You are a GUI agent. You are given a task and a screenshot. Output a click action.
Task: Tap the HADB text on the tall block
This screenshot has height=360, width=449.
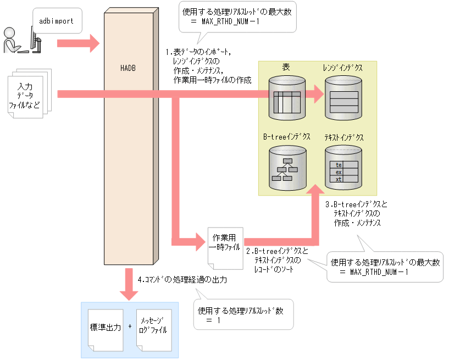[x=128, y=68]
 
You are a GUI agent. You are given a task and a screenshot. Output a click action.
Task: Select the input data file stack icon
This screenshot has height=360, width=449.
[x=30, y=91]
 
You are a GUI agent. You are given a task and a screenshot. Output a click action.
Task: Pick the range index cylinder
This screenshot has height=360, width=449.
[x=343, y=98]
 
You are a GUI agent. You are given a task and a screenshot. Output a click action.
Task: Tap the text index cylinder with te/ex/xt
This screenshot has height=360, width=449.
[x=343, y=167]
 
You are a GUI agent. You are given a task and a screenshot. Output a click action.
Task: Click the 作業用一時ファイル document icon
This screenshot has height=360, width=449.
[x=226, y=247]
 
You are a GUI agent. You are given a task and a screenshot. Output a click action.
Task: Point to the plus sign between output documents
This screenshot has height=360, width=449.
[x=130, y=326]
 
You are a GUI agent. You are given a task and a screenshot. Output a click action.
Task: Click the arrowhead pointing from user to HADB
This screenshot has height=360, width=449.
[x=93, y=43]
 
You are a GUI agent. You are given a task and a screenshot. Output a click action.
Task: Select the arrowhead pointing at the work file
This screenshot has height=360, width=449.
[x=199, y=240]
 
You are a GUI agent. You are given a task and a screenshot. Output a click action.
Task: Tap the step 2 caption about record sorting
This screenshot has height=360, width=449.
[x=277, y=260]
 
